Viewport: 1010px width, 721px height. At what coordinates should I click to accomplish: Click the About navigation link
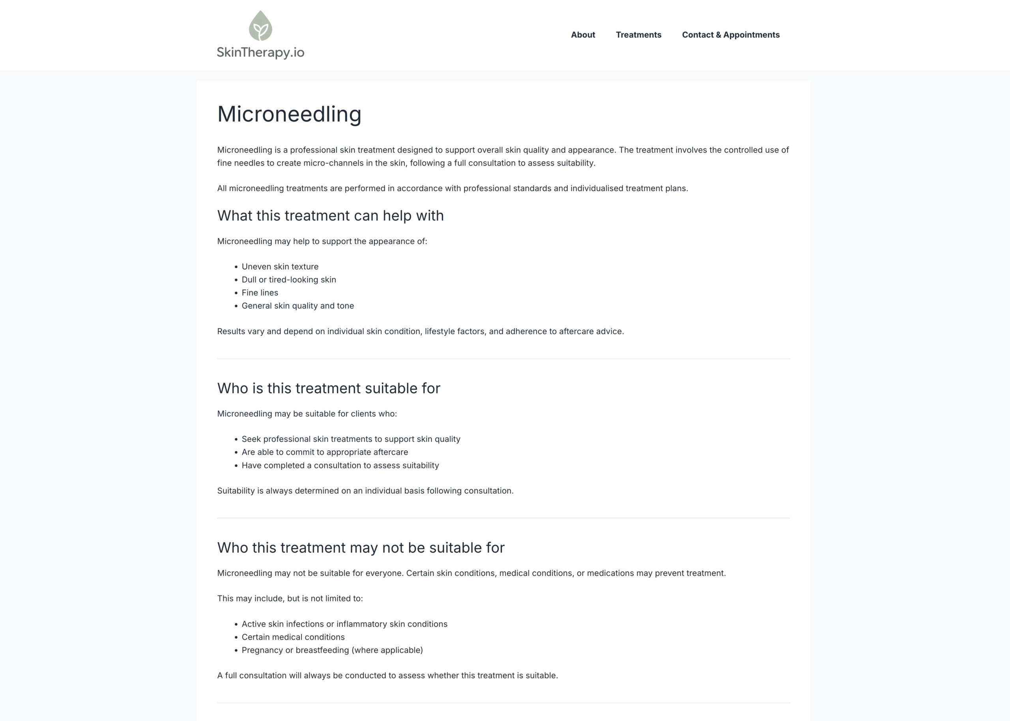pyautogui.click(x=583, y=35)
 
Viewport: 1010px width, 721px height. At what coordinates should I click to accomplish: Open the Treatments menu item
pyautogui.click(x=638, y=35)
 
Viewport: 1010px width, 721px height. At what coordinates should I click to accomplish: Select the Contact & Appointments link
pyautogui.click(x=730, y=35)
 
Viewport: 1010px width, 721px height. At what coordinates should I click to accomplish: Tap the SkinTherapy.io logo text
pyautogui.click(x=260, y=52)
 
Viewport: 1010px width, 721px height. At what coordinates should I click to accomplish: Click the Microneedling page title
pyautogui.click(x=289, y=114)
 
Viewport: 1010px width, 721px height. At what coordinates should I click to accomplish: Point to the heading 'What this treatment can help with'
pyautogui.click(x=330, y=216)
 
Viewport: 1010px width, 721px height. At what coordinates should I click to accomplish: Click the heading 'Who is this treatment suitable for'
pyautogui.click(x=328, y=388)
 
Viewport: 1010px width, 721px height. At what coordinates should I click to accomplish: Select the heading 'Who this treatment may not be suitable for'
pyautogui.click(x=360, y=548)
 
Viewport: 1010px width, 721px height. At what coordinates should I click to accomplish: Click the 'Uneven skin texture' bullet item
pyautogui.click(x=280, y=267)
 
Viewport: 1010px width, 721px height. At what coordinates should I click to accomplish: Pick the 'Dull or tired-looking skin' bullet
pyautogui.click(x=288, y=280)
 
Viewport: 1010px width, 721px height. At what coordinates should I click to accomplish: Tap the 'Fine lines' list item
pyautogui.click(x=260, y=293)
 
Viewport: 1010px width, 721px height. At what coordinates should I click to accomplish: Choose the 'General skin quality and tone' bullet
pyautogui.click(x=297, y=306)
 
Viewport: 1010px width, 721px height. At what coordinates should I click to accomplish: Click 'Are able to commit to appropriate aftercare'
pyautogui.click(x=324, y=452)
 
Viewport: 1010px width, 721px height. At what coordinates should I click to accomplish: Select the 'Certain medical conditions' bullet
pyautogui.click(x=293, y=637)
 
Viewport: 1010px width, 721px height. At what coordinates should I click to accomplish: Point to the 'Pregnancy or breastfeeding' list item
pyautogui.click(x=332, y=650)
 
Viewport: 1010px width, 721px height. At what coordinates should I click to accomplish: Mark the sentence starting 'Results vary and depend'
pyautogui.click(x=420, y=331)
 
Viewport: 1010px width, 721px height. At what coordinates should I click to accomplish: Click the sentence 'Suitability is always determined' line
pyautogui.click(x=365, y=491)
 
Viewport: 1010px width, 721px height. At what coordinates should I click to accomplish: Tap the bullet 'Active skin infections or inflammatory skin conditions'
pyautogui.click(x=344, y=624)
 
